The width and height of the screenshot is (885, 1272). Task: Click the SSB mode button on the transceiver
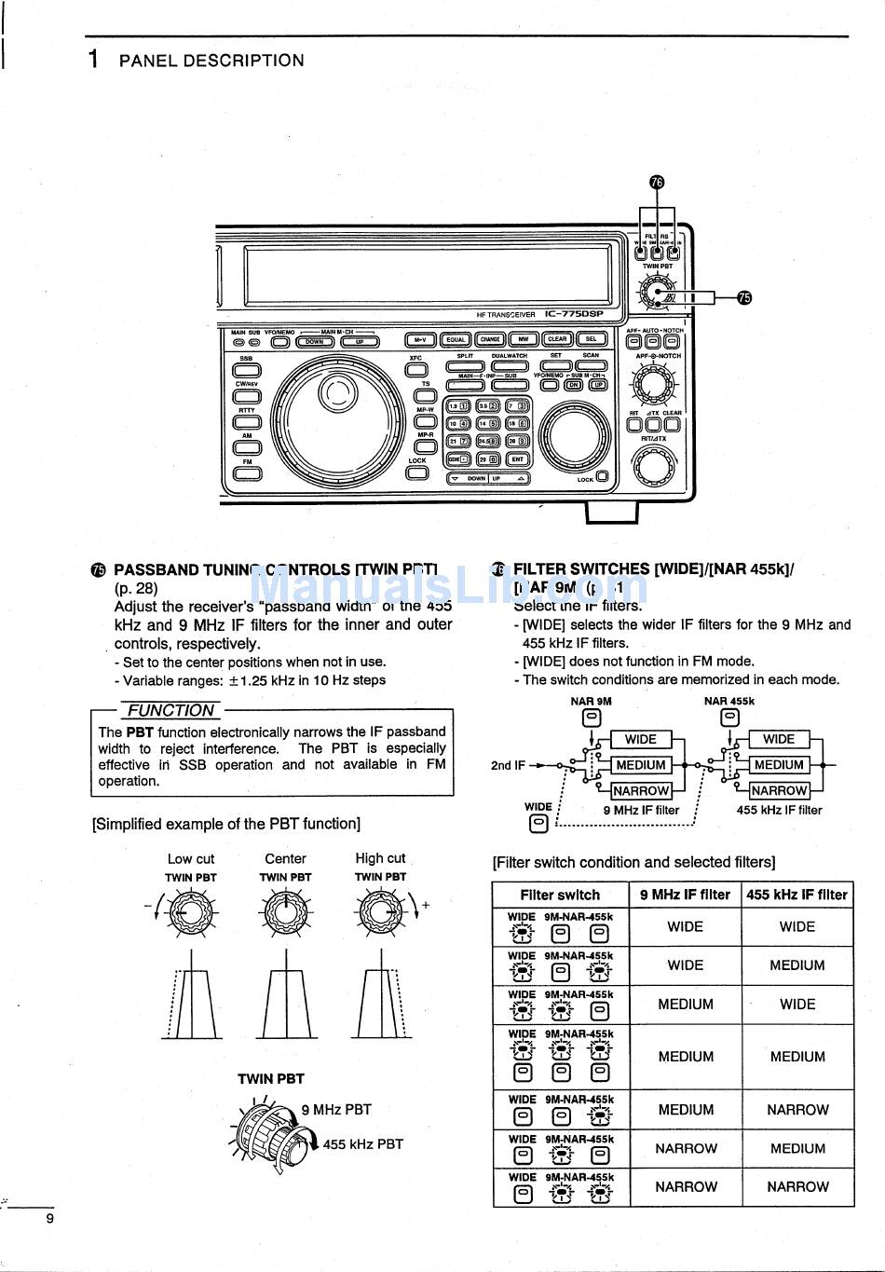click(247, 370)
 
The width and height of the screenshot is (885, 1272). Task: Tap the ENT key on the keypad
click(517, 459)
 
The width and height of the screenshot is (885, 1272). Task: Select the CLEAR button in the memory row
click(558, 339)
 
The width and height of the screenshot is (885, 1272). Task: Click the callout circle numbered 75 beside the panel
click(743, 297)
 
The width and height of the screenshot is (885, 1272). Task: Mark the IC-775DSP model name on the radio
click(574, 314)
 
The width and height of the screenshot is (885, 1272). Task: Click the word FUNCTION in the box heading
click(171, 710)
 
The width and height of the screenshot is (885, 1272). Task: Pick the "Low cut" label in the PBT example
click(191, 859)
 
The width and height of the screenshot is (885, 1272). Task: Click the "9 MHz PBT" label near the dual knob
click(336, 1110)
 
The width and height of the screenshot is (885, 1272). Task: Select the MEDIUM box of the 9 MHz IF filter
click(640, 765)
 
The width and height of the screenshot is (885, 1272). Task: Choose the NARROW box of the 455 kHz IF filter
click(779, 790)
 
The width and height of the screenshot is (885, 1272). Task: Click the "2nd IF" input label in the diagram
click(508, 765)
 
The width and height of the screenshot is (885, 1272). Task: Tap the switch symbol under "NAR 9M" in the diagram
click(592, 718)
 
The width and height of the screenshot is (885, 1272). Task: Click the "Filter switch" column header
click(560, 895)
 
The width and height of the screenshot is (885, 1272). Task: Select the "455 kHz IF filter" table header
click(796, 895)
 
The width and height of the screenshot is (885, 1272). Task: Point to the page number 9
click(50, 1218)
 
